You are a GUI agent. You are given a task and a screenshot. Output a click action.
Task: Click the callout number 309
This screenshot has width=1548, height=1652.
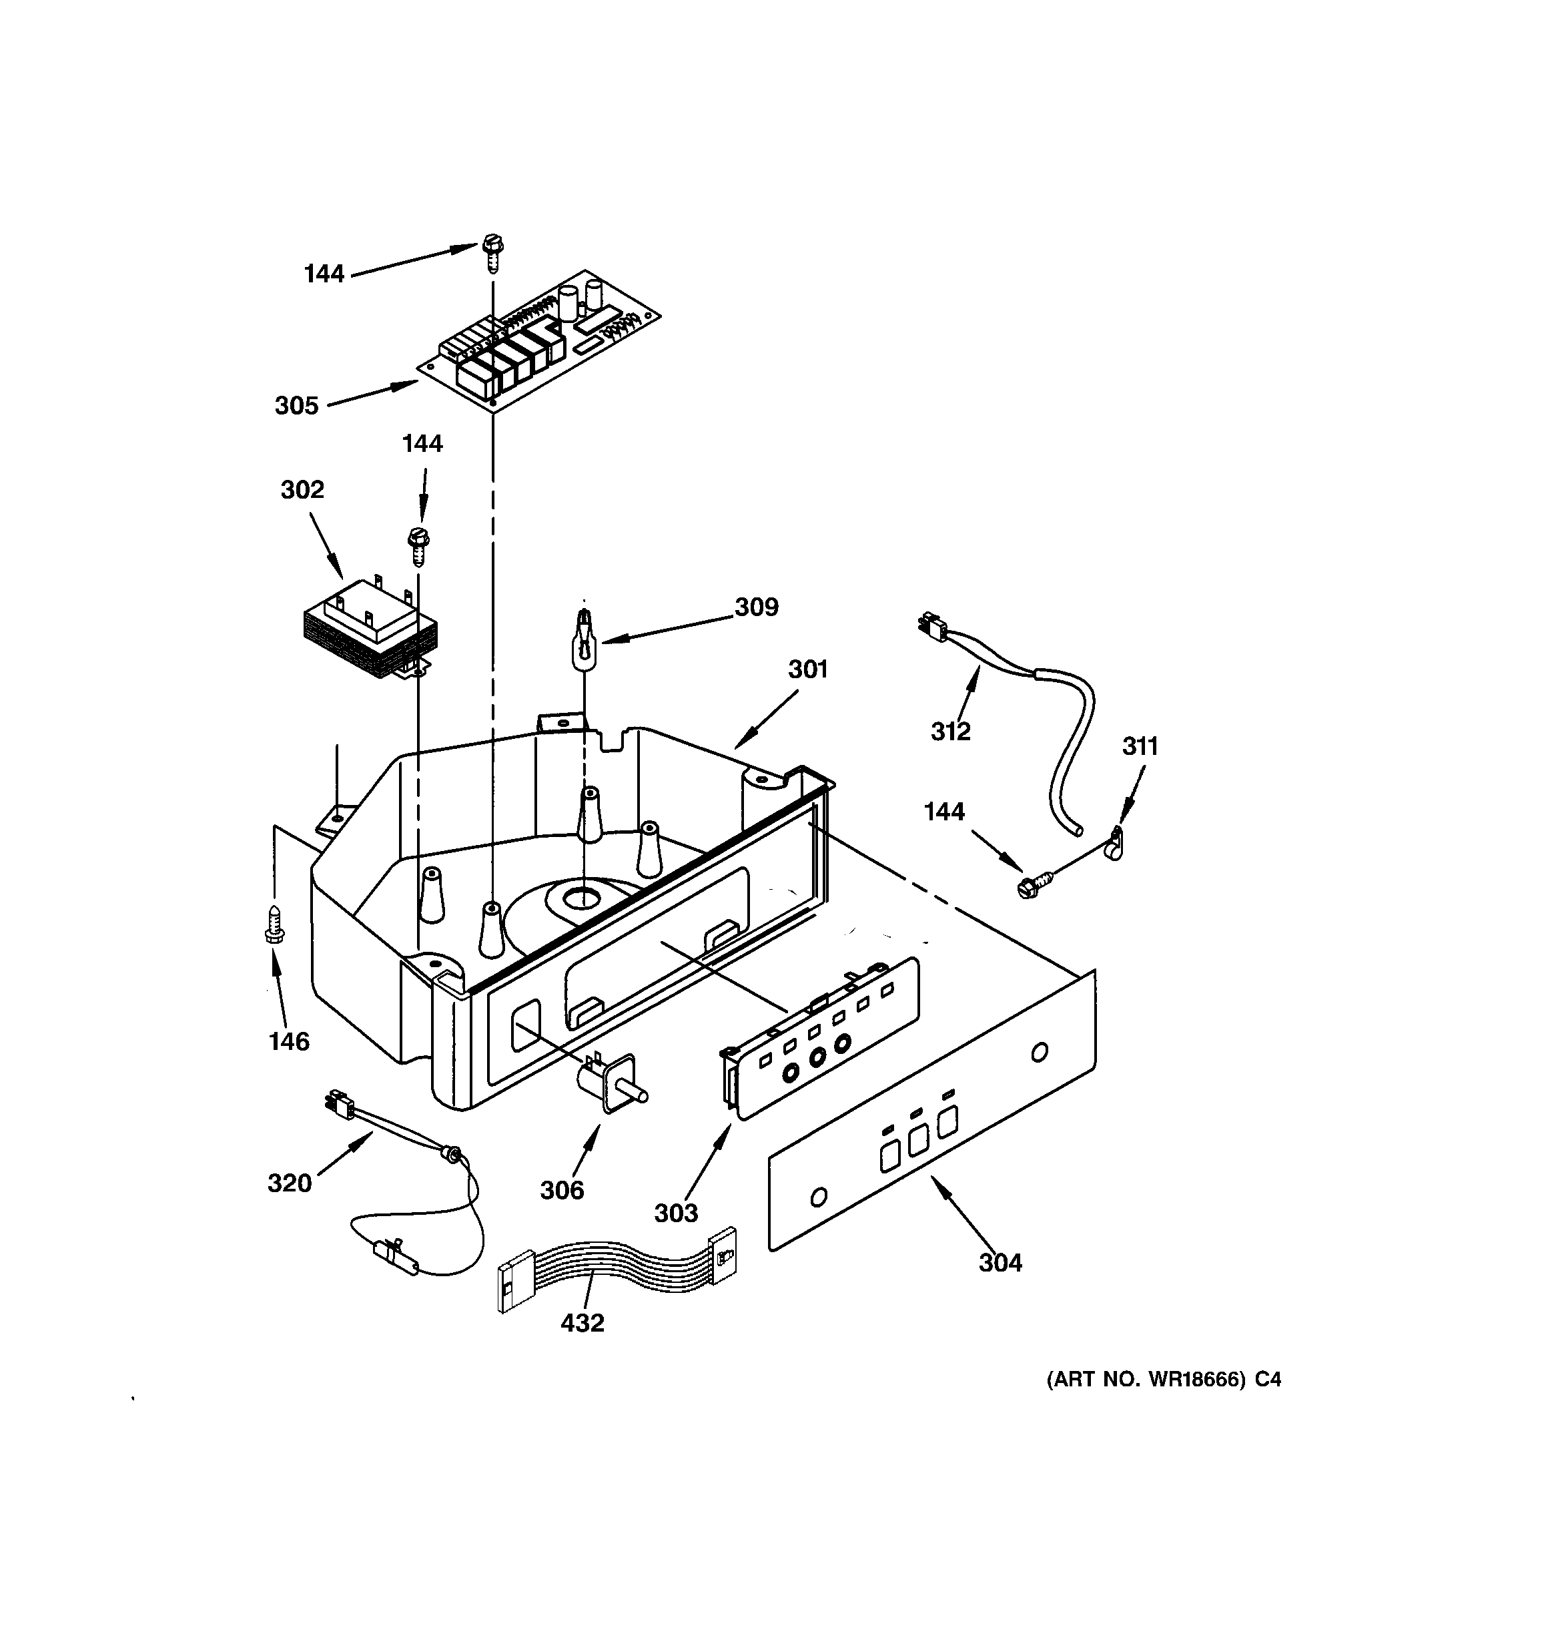pyautogui.click(x=755, y=607)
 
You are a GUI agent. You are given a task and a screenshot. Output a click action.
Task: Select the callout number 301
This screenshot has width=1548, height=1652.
pyautogui.click(x=807, y=669)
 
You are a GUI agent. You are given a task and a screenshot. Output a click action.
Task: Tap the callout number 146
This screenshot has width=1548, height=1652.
pyautogui.click(x=288, y=1041)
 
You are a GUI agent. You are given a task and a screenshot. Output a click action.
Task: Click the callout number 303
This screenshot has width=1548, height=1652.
pyautogui.click(x=675, y=1213)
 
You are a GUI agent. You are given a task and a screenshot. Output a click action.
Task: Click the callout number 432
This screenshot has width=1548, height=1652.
pyautogui.click(x=582, y=1323)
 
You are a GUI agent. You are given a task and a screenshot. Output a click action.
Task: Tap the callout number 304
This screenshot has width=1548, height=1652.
pyautogui.click(x=1000, y=1263)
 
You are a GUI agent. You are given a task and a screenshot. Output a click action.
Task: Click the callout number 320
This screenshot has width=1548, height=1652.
pyautogui.click(x=289, y=1183)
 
